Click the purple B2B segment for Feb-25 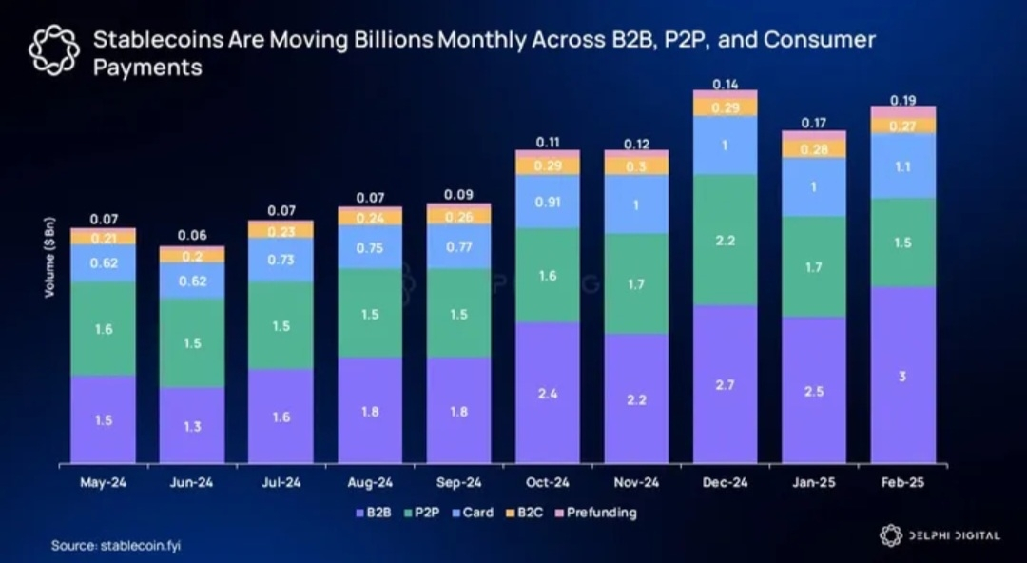[903, 375]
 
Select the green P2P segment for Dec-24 [726, 240]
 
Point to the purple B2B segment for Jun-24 [192, 425]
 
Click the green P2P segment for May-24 [104, 329]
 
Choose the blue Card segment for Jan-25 [814, 187]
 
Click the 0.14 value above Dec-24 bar [726, 84]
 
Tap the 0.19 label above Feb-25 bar [902, 100]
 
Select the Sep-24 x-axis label [459, 482]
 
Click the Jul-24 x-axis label [281, 482]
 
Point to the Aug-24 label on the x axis [370, 482]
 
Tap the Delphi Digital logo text [951, 535]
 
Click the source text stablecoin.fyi [138, 546]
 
